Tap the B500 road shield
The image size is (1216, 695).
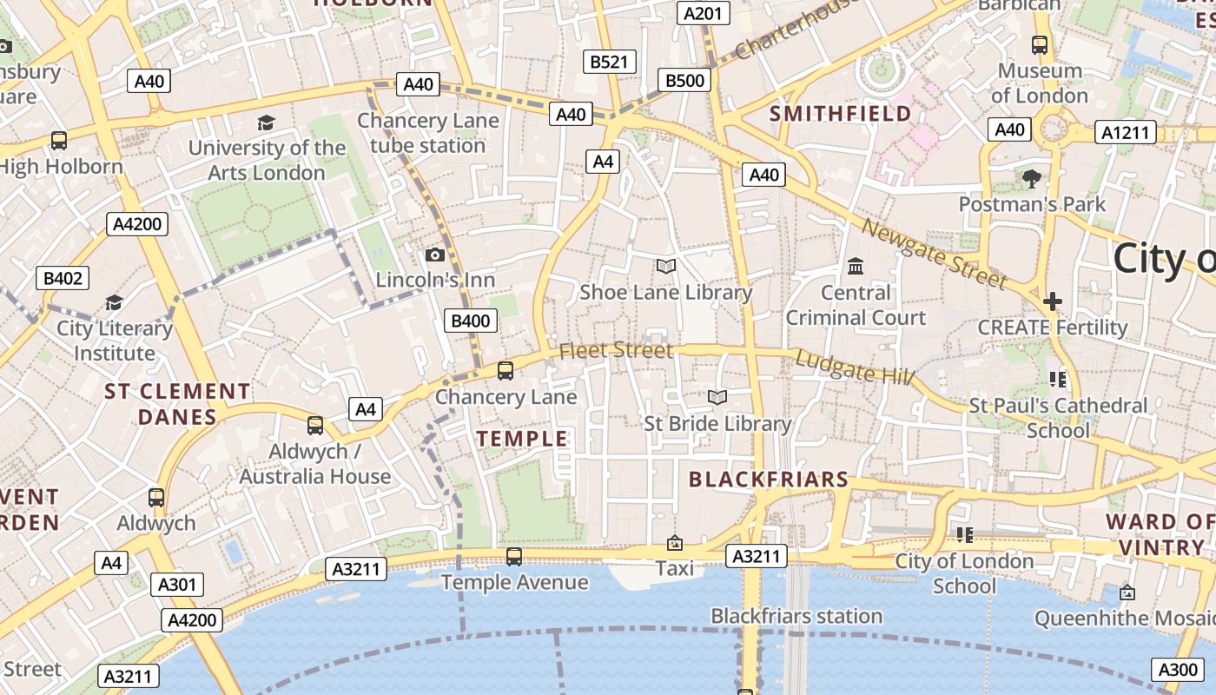(x=684, y=81)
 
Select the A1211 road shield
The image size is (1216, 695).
(x=1128, y=133)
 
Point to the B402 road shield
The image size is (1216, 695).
(x=63, y=278)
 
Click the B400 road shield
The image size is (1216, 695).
(x=471, y=321)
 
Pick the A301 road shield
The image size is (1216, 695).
(x=177, y=585)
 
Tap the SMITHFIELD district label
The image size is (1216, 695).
(x=841, y=114)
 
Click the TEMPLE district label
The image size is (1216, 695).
(x=522, y=439)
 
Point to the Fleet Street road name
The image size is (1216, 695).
(x=616, y=350)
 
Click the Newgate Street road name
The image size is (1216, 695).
(x=934, y=253)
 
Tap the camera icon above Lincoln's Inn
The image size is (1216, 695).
(x=435, y=255)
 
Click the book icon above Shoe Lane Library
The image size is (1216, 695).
(x=666, y=266)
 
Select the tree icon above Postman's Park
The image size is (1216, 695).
(x=1032, y=179)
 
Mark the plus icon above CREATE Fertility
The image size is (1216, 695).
(x=1053, y=301)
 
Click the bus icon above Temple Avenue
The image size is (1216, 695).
(x=514, y=556)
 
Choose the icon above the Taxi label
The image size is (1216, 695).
(x=674, y=543)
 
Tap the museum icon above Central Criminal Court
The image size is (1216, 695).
(x=856, y=266)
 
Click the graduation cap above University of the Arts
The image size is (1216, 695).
(x=266, y=122)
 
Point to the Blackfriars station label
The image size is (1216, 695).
(x=796, y=617)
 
